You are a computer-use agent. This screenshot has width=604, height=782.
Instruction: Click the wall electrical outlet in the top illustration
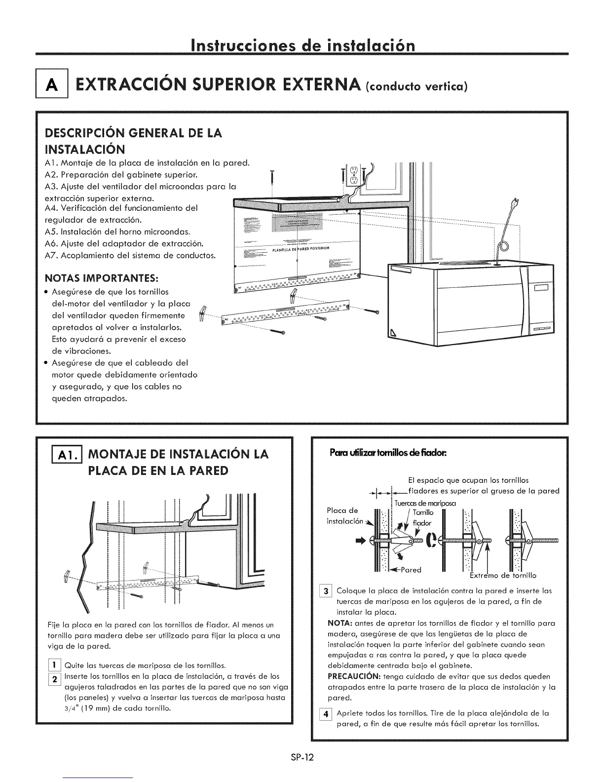(x=353, y=175)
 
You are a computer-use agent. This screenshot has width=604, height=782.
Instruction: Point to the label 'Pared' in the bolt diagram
(x=410, y=570)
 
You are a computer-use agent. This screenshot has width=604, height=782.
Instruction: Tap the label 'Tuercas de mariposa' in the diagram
(x=425, y=503)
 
